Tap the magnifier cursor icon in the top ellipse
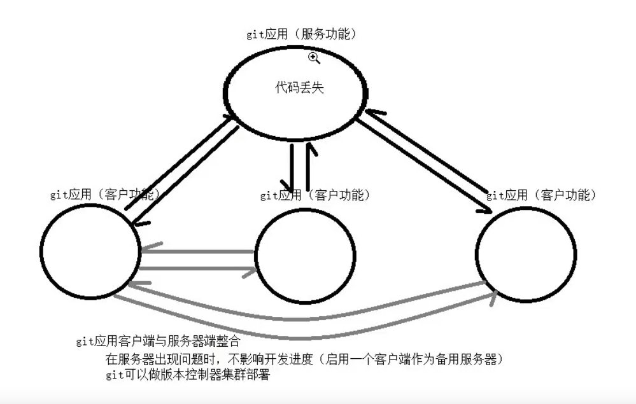coord(313,59)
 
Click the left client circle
coord(90,253)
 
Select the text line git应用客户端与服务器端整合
coord(148,342)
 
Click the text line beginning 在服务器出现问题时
coord(306,359)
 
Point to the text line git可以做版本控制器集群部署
coord(188,375)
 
